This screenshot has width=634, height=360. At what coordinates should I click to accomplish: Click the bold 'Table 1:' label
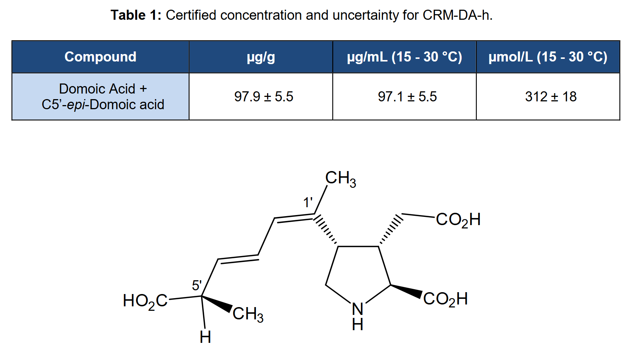[136, 15]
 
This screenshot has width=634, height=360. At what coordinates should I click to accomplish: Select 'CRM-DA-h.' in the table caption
[458, 15]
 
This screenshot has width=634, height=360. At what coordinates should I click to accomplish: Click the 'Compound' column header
[101, 57]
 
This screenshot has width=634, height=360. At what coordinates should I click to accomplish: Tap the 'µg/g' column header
[261, 57]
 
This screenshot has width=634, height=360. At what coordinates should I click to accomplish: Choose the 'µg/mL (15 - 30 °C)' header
[405, 57]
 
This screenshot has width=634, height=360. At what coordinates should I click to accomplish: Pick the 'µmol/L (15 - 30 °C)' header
[548, 57]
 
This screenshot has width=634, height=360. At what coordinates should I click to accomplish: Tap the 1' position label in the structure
[308, 203]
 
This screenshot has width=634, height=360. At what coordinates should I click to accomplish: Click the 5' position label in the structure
[197, 285]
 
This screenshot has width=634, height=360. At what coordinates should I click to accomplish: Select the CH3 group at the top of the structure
[340, 179]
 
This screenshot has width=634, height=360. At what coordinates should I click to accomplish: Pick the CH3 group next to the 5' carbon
[248, 315]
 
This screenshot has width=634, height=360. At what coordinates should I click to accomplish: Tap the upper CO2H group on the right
[458, 220]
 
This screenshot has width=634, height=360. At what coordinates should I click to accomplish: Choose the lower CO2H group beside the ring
[446, 299]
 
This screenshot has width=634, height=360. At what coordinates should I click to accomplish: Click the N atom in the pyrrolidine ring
[358, 309]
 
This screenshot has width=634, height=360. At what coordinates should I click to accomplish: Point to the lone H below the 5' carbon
[205, 337]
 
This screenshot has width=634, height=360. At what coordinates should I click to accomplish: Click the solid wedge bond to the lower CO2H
[406, 291]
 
